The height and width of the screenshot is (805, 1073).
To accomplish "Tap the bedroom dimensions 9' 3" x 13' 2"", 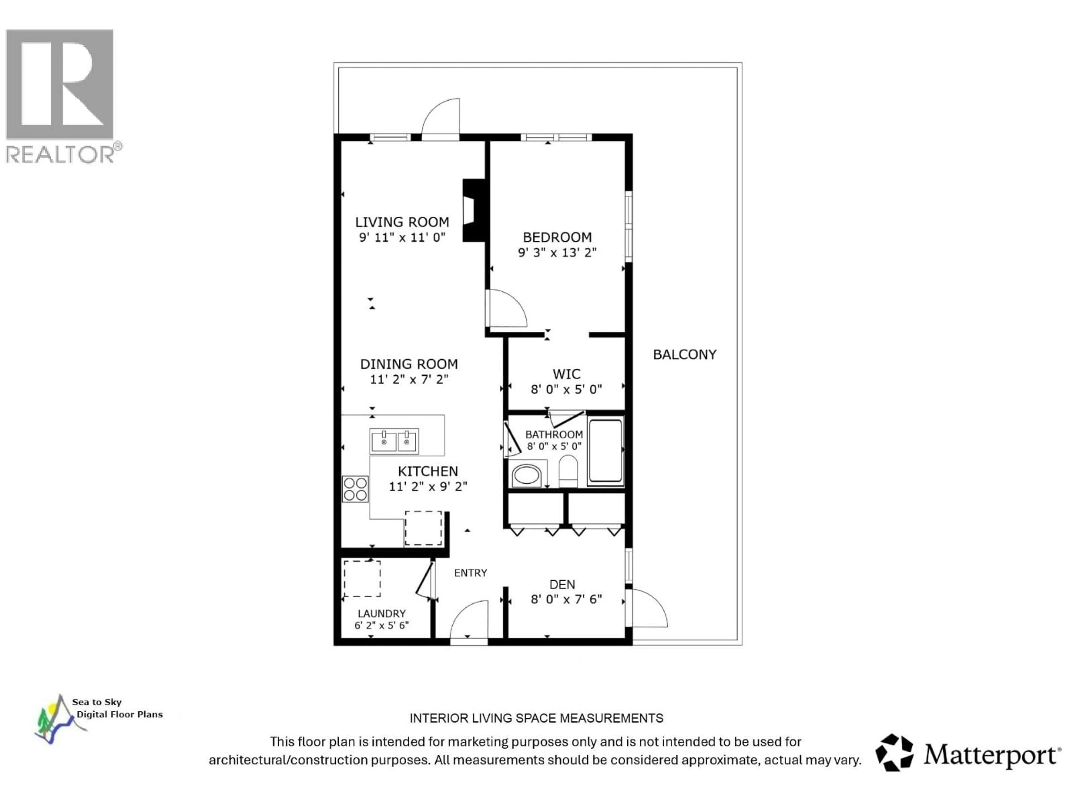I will tap(557, 253).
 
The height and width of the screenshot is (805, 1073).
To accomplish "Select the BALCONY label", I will tap(684, 355).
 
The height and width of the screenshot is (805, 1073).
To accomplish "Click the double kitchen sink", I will tap(394, 442).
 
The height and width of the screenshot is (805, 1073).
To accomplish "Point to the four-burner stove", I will tap(355, 489).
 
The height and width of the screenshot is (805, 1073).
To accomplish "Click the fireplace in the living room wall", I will tap(473, 210).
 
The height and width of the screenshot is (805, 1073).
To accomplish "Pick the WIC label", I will tap(566, 374).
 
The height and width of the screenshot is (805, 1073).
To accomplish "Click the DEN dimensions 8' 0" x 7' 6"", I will tap(566, 599).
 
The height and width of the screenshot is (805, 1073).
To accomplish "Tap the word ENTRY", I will tap(470, 573).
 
